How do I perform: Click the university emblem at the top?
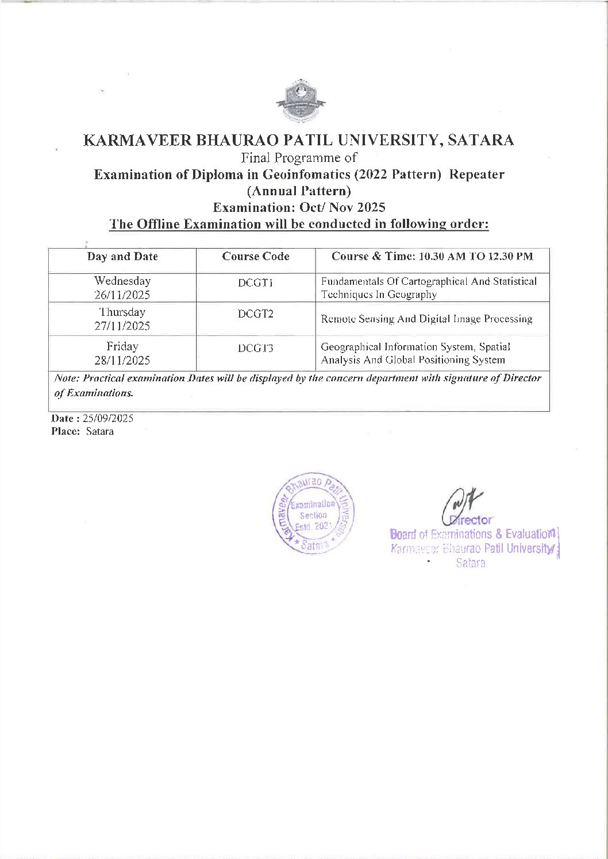(x=301, y=101)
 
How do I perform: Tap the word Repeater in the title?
(x=476, y=174)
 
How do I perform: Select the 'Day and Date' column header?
(x=122, y=257)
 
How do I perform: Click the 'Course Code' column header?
(x=256, y=257)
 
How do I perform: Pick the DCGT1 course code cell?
(x=256, y=283)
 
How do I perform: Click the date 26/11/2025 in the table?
(x=122, y=295)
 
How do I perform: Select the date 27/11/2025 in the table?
(x=122, y=326)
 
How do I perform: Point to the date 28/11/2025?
(x=122, y=361)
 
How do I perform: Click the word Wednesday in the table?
(x=122, y=281)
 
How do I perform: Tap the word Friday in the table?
(x=122, y=346)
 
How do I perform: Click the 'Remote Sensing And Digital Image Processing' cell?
(x=426, y=319)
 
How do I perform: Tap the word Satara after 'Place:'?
(x=100, y=431)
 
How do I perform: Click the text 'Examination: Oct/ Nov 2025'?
(x=299, y=207)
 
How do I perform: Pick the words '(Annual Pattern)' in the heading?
(x=299, y=191)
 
